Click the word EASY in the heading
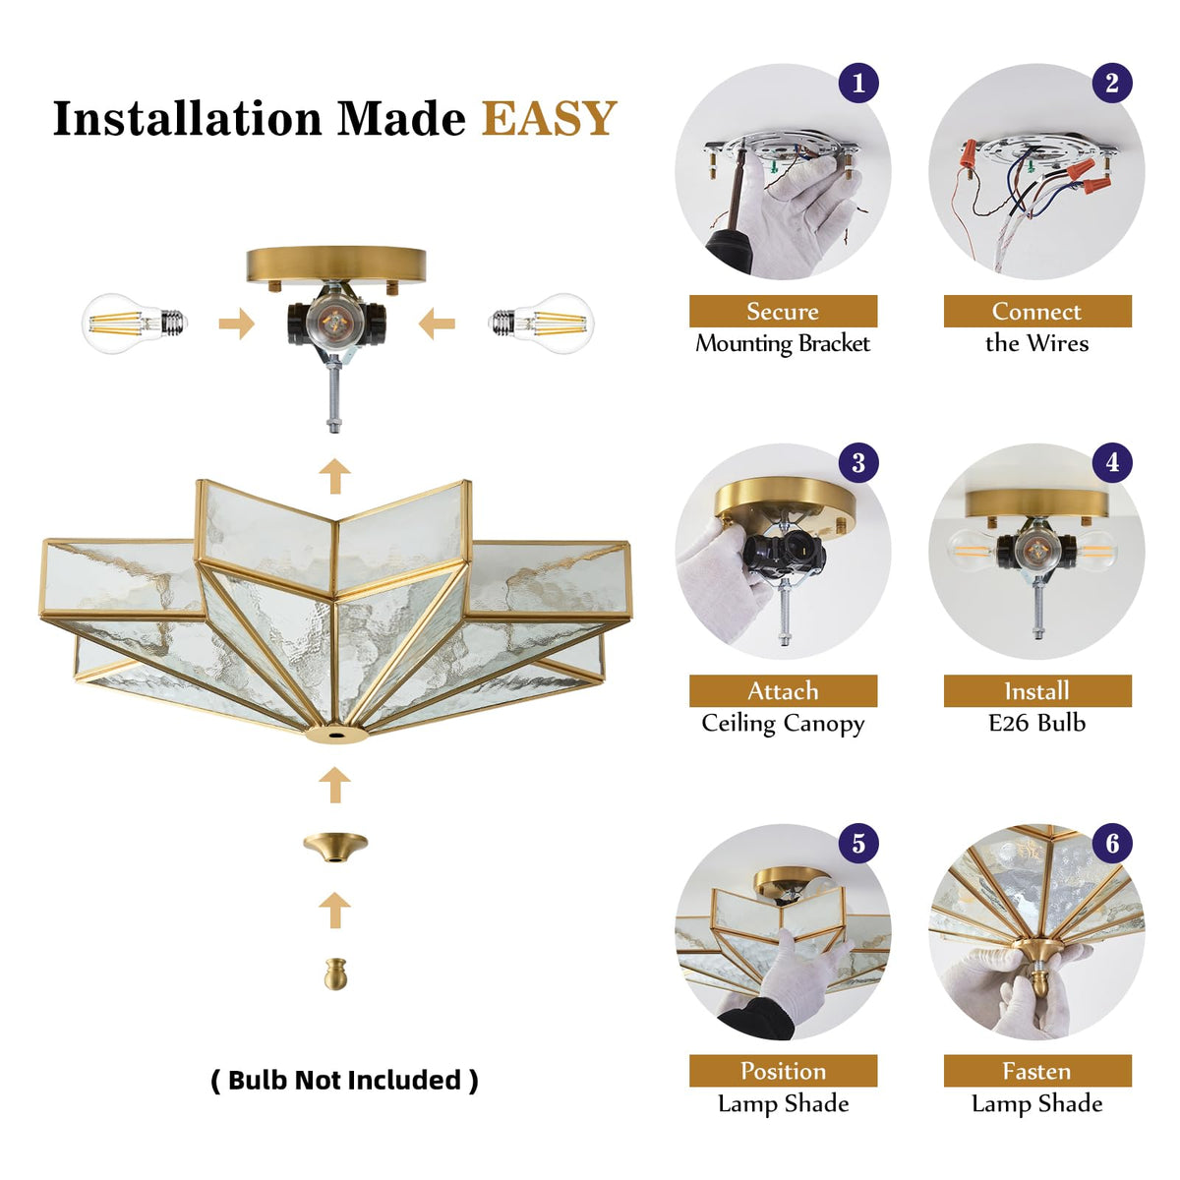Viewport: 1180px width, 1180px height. pyautogui.click(x=549, y=119)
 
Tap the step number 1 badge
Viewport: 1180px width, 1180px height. pyautogui.click(x=858, y=83)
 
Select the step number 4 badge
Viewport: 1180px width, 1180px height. pyautogui.click(x=1112, y=462)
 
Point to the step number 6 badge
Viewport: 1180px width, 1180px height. pyautogui.click(x=1112, y=843)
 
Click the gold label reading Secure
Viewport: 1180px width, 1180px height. pyautogui.click(x=783, y=312)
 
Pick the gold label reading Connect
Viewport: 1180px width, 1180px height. pyautogui.click(x=1036, y=312)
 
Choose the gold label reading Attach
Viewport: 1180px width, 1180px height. pyautogui.click(x=783, y=691)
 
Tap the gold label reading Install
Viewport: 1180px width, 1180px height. pyautogui.click(x=1036, y=691)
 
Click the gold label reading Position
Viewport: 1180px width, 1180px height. pyautogui.click(x=783, y=1071)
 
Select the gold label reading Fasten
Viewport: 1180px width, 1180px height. pyautogui.click(x=1036, y=1071)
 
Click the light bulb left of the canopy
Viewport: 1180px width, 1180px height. pyautogui.click(x=133, y=322)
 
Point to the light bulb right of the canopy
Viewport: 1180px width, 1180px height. pyautogui.click(x=542, y=322)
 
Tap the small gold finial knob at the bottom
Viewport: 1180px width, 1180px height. pyautogui.click(x=335, y=973)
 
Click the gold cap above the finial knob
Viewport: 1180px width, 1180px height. pyautogui.click(x=335, y=846)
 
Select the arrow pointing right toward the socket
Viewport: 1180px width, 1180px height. pyautogui.click(x=236, y=323)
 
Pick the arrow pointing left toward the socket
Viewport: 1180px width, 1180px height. pyautogui.click(x=437, y=323)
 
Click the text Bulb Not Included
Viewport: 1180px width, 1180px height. pyautogui.click(x=344, y=1080)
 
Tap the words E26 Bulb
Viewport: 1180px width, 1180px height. pyautogui.click(x=1036, y=723)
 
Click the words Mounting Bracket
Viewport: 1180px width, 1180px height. pyautogui.click(x=783, y=343)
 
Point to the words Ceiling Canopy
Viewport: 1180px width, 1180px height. pyautogui.click(x=783, y=724)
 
